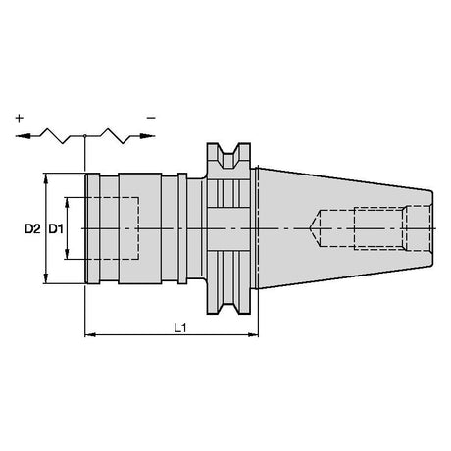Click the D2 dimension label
click(32, 229)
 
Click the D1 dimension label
click(56, 229)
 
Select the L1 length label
click(179, 327)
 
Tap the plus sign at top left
click(20, 118)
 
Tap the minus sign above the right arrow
click(151, 118)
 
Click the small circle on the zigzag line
click(85, 135)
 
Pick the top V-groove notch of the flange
click(228, 156)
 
